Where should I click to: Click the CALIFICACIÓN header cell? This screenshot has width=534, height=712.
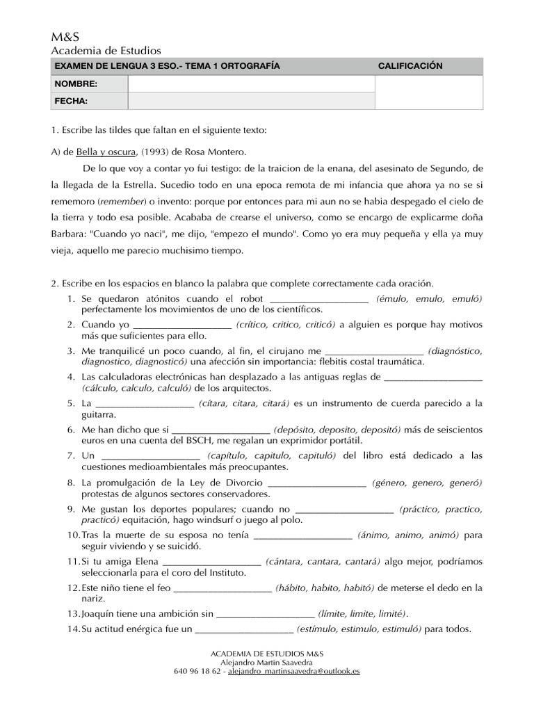click(410, 66)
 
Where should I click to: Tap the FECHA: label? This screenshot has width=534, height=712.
click(71, 102)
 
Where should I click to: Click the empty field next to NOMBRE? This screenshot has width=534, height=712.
click(250, 84)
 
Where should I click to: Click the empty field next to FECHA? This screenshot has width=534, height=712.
click(250, 102)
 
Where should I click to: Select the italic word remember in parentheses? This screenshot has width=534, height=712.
click(121, 201)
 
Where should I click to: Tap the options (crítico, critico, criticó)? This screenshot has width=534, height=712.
click(285, 325)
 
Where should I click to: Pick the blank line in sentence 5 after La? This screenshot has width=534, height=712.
click(144, 403)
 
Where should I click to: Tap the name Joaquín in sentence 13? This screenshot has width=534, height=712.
click(99, 614)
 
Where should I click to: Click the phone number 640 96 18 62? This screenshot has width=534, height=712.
click(197, 672)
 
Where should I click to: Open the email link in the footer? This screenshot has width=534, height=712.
click(293, 672)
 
